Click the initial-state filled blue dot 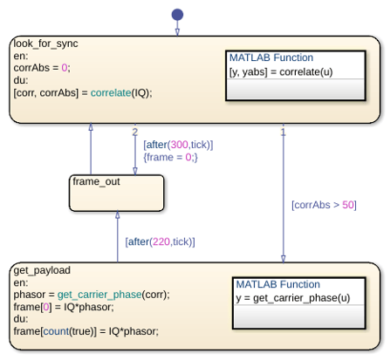[177, 15]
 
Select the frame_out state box [117, 193]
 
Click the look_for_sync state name [45, 44]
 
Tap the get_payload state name [42, 270]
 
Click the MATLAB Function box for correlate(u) [296, 76]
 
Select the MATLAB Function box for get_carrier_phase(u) [299, 303]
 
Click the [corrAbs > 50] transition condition [324, 205]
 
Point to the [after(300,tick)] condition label [178, 145]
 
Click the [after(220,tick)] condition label [161, 241]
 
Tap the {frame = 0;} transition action [170, 157]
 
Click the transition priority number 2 [134, 132]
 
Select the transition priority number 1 [283, 132]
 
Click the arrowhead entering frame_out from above [135, 171]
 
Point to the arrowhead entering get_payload [284, 259]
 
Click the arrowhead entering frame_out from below [118, 214]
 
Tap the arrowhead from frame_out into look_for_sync [91, 126]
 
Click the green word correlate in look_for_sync [111, 92]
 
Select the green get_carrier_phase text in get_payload [99, 295]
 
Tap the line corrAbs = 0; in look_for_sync [42, 68]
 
